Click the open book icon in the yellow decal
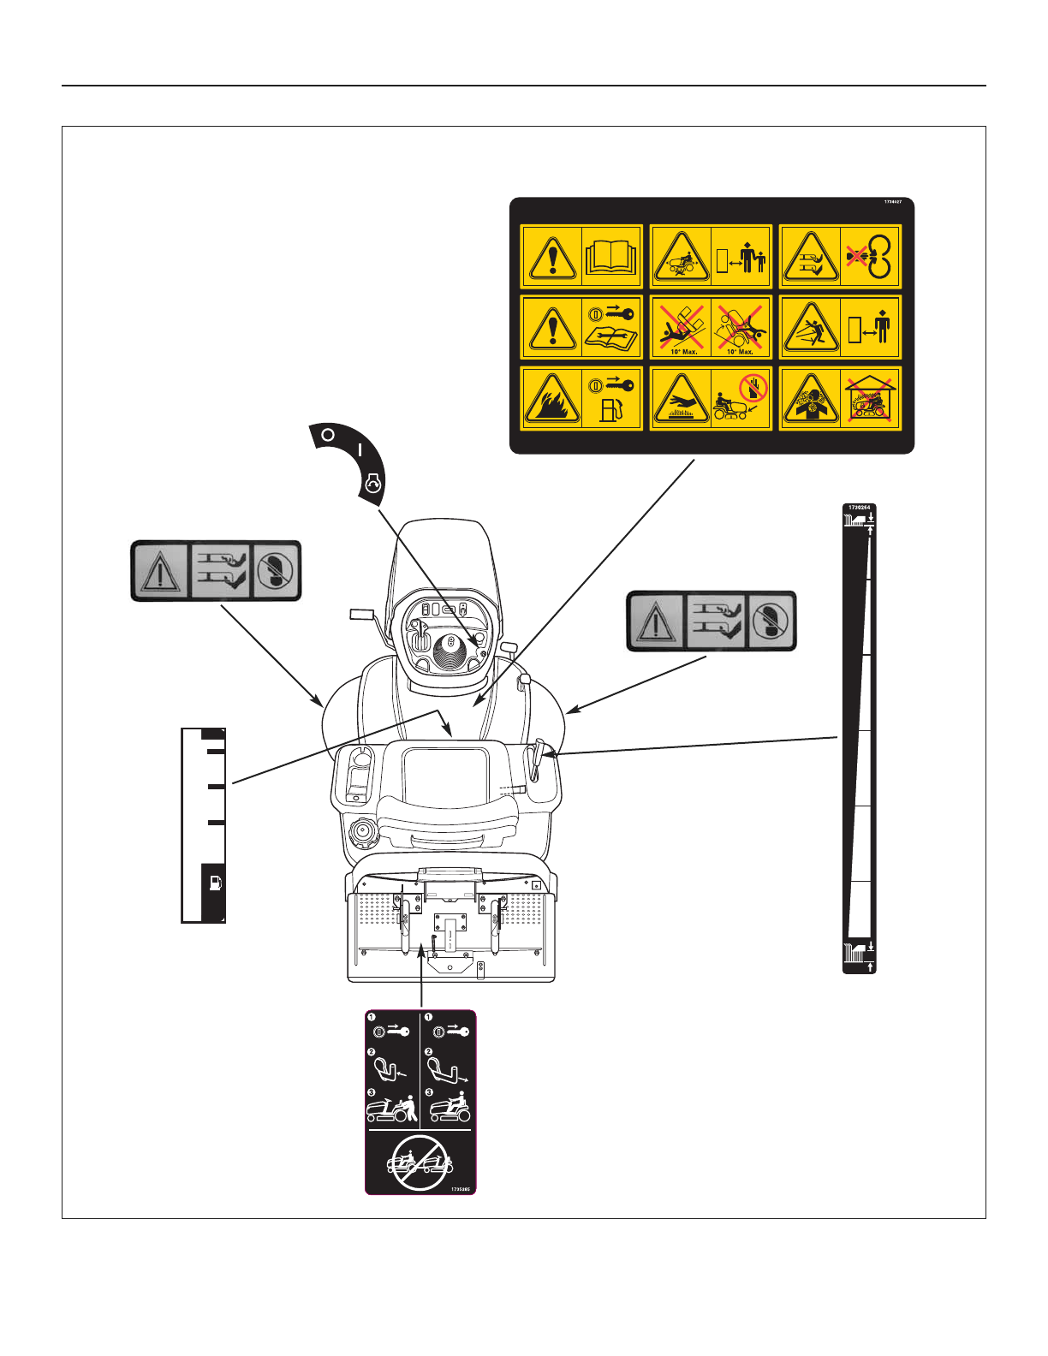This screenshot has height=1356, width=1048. (x=611, y=255)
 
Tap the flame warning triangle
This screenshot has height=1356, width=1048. (x=552, y=399)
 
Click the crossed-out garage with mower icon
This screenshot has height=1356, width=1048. (x=870, y=400)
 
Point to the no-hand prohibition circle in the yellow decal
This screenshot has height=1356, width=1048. (x=753, y=389)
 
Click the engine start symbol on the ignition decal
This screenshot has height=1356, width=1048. (x=373, y=485)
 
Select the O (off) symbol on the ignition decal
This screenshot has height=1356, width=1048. (x=327, y=435)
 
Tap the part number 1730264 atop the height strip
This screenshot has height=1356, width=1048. (x=859, y=508)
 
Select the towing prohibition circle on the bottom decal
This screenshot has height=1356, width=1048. (x=420, y=1163)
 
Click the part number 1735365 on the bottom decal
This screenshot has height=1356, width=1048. (x=461, y=1189)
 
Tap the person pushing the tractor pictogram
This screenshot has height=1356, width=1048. (x=393, y=1109)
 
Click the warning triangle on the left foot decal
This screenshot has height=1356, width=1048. (x=160, y=571)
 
